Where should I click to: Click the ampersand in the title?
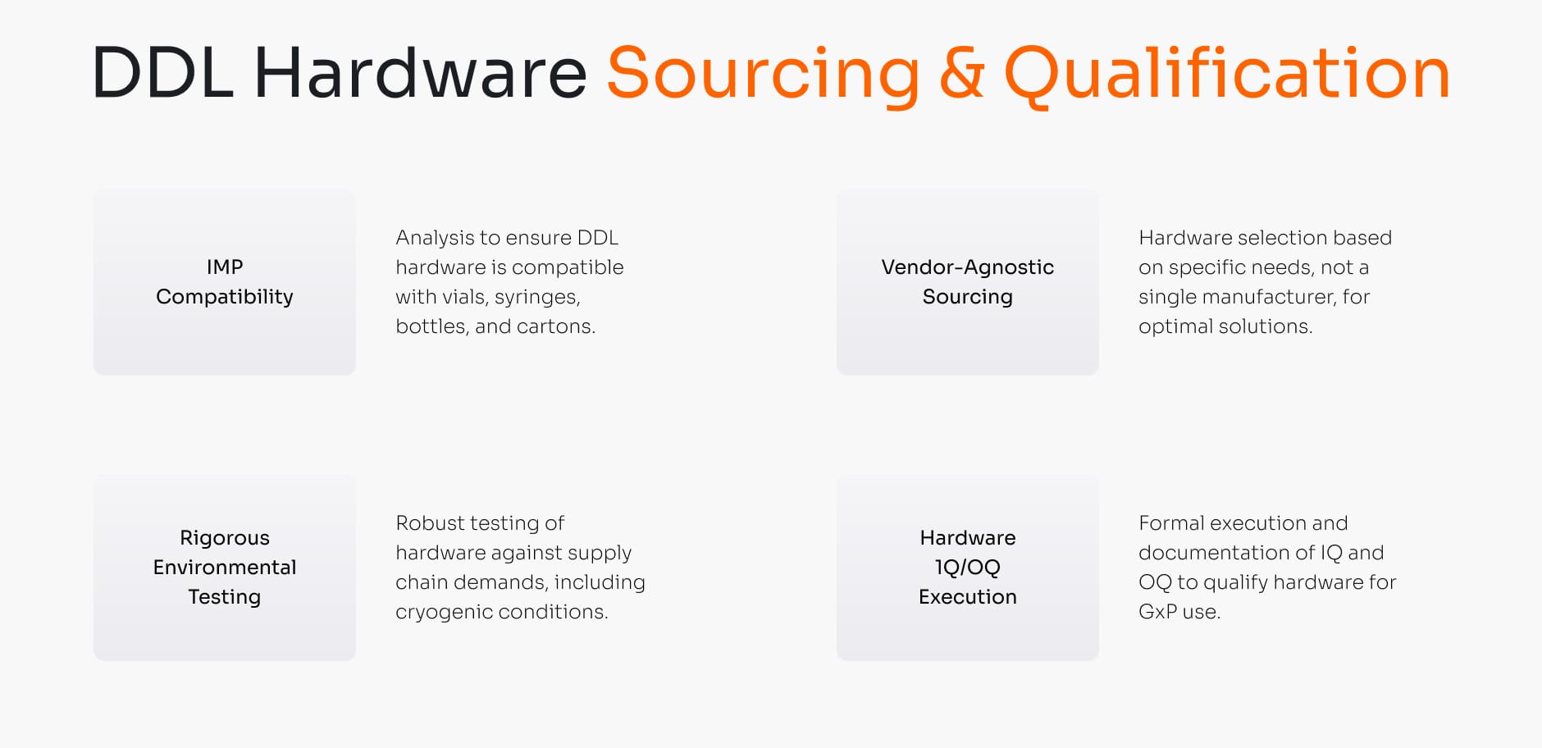coord(961,74)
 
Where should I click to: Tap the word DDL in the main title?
coord(162,74)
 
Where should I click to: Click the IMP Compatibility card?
coord(225,282)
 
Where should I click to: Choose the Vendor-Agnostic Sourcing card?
coord(967,282)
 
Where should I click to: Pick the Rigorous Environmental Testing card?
coord(225,568)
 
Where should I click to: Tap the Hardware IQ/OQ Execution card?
coord(967,568)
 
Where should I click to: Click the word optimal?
coord(1175,326)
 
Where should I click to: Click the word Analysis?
coord(434,238)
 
